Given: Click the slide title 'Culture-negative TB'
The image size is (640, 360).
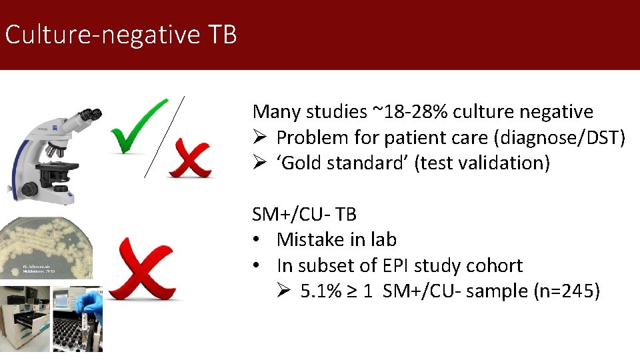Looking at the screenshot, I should coord(121,35).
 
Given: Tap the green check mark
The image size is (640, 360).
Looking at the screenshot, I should coord(138,126).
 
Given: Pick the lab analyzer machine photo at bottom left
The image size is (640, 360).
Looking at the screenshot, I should coord(25,320).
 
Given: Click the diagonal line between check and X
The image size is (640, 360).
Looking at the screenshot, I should coord(164,136).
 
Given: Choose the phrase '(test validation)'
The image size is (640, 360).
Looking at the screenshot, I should coord(482,163).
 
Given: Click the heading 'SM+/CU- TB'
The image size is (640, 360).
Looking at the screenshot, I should coord(305,214).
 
